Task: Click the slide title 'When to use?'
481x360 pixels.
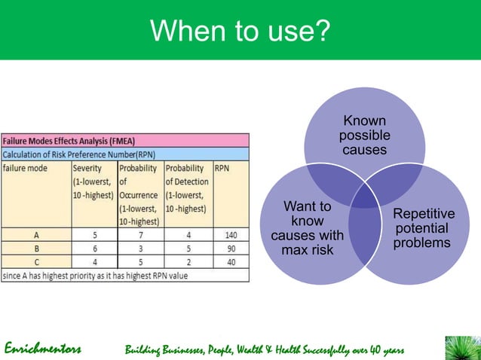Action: (240, 30)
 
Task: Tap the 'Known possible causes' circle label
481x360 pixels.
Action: (364, 136)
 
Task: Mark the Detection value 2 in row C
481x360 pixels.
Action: (187, 261)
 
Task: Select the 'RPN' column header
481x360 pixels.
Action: (222, 168)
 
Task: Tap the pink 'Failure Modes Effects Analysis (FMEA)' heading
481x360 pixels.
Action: (68, 141)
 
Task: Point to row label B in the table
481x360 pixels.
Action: (35, 248)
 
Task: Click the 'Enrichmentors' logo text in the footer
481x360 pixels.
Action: (43, 349)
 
